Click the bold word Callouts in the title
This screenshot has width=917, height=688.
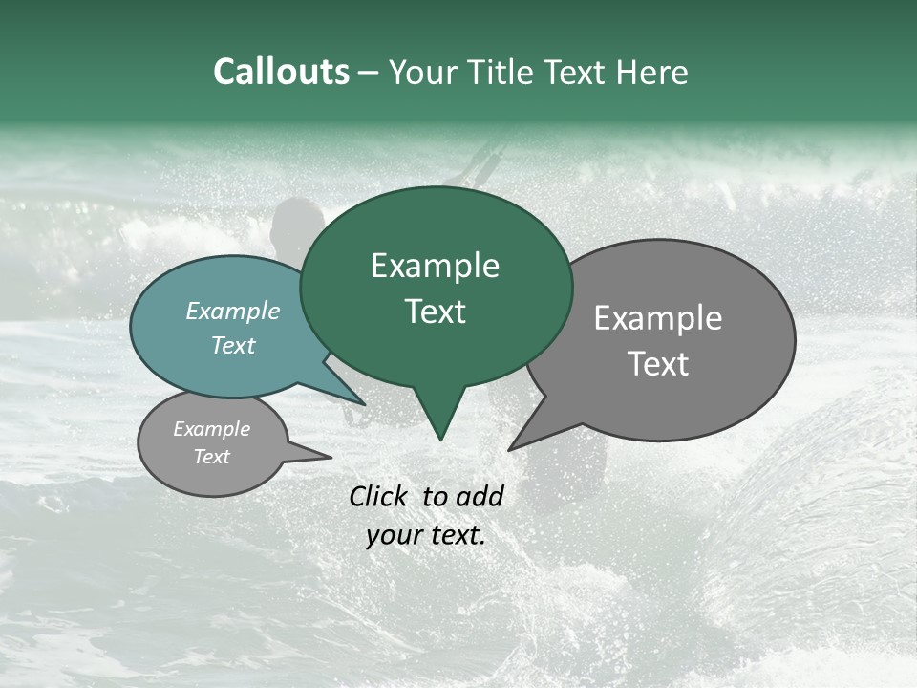point(281,72)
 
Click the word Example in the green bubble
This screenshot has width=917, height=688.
point(435,266)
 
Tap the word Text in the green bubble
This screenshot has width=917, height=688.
point(435,312)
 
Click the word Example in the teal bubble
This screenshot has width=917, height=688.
point(233,311)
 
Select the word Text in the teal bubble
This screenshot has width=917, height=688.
point(233,345)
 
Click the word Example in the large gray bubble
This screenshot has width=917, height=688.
point(658,317)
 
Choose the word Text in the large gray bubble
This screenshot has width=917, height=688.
point(658,363)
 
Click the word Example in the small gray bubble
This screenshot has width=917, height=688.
point(211,429)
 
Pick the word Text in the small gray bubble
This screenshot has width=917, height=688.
point(211,457)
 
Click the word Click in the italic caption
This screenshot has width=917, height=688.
point(379,496)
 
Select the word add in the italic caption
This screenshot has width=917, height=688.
point(480,496)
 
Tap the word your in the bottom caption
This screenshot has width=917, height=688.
point(395,535)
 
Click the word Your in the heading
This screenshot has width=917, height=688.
point(421,72)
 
